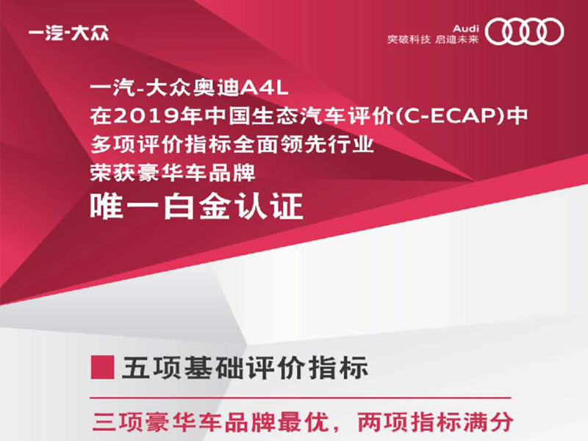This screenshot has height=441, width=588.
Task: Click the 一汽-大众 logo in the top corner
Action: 68,33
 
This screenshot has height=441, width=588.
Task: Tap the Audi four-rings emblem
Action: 524,32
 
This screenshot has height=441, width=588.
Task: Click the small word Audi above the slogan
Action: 466,29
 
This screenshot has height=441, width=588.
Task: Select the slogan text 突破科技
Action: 409,39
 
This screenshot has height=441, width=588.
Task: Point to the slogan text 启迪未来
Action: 456,39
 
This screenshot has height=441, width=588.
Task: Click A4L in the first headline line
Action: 264,88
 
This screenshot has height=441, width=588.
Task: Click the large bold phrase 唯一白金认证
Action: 196,206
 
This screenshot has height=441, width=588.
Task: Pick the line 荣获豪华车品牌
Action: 173,173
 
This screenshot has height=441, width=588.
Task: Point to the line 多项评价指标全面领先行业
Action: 232,144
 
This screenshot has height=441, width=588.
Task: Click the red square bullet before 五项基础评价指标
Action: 102,367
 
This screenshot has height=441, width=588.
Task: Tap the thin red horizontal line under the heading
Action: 301,398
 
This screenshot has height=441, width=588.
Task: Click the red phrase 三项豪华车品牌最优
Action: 210,422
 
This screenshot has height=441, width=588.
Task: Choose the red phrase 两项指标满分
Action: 435,422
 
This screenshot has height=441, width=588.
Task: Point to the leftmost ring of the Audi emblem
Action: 498,32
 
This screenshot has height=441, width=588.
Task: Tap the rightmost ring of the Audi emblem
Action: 550,32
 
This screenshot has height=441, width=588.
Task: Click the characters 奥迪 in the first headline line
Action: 215,88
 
